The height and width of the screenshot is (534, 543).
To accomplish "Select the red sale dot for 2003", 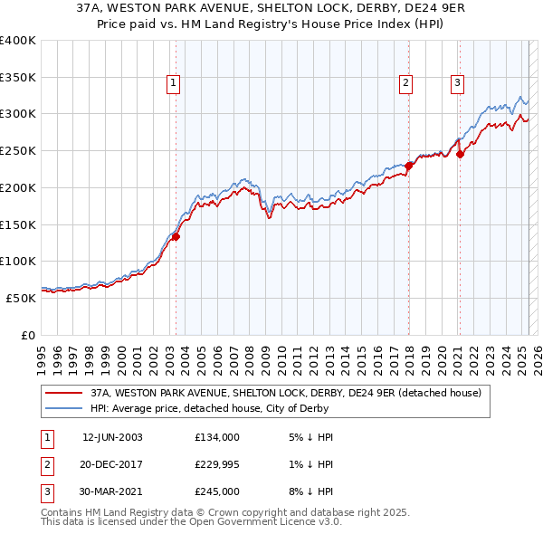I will point(176,237).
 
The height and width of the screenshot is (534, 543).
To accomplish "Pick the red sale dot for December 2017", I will point(408,166).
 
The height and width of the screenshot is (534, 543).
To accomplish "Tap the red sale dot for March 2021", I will point(460,154).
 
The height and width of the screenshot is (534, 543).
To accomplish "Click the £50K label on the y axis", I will point(22,298).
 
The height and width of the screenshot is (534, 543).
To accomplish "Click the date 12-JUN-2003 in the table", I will point(112,437).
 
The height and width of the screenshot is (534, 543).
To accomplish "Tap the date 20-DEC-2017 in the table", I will point(112,464).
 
